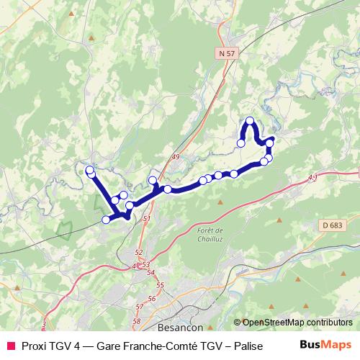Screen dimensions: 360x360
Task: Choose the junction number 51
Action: pos(148,218)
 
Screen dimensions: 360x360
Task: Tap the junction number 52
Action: pos(139,253)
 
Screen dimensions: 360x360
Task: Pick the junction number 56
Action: pos(152,298)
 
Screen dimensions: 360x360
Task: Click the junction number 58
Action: pos(137,321)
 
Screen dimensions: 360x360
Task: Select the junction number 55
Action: pos(160,286)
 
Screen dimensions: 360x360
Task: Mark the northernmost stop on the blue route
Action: pos(250,121)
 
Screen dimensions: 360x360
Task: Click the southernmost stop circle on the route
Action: pos(107,220)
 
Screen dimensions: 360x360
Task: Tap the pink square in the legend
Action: pos(10,344)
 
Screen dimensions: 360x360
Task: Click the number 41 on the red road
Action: pos(312,177)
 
